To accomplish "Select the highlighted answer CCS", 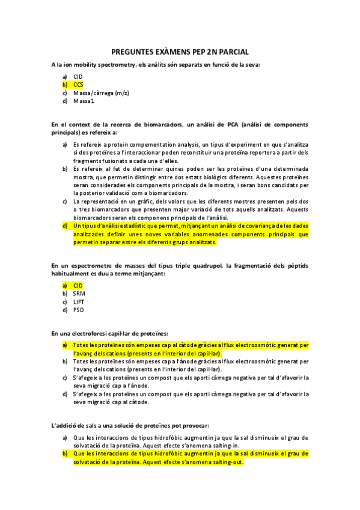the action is click(78, 85).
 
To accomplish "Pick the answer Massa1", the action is click(84, 101).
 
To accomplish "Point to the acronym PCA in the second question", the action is click(229, 124).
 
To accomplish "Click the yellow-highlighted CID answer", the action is click(78, 285).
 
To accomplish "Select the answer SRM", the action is click(79, 293).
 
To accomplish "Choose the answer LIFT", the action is click(79, 301).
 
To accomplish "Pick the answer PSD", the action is click(79, 310).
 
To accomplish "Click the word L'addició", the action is click(65, 425).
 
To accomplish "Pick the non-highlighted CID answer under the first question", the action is click(78, 76).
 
